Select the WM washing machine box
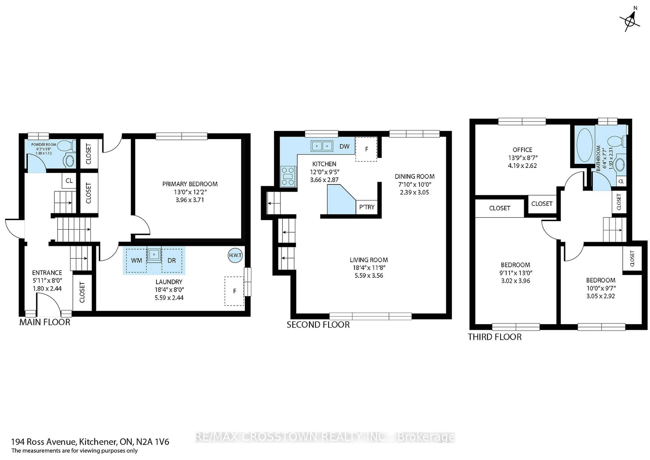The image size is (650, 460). click(136, 261)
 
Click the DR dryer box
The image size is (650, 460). click(172, 261)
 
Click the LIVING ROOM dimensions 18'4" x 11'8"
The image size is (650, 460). click(369, 268)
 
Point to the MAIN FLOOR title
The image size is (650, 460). click(45, 322)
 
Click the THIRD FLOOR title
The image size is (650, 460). click(494, 337)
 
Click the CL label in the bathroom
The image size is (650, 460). click(621, 181)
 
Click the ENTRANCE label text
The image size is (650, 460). click(47, 273)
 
